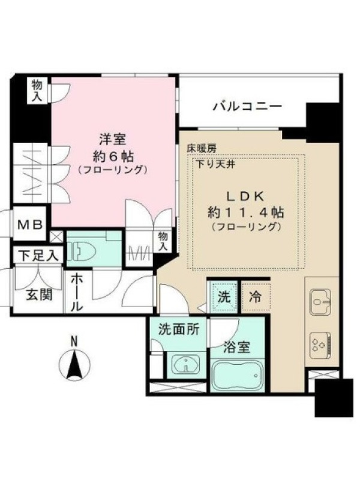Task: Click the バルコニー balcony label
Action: [x=247, y=107]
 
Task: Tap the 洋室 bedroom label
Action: [x=113, y=140]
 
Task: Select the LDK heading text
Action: [x=245, y=197]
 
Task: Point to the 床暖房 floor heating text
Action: [x=202, y=149]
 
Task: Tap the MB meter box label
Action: [x=29, y=225]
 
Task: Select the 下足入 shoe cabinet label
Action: [x=38, y=256]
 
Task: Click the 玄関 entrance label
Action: [x=39, y=295]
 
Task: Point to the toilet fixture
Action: [x=81, y=251]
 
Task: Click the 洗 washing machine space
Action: [x=224, y=297]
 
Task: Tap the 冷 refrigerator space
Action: [x=256, y=297]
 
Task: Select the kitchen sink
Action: [x=320, y=302]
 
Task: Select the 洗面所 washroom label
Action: [x=179, y=329]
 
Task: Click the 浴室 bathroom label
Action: [x=237, y=347]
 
